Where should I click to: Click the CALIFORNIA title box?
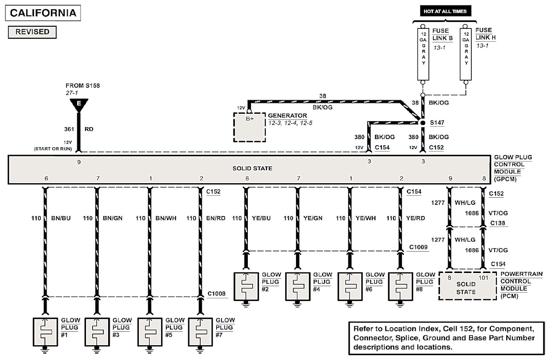pos(43,13)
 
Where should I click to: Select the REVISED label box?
pos(32,32)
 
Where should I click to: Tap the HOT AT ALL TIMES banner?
pos(445,11)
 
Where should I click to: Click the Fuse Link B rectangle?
pos(423,54)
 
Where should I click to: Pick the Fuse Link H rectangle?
pos(465,54)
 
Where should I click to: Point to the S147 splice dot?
pos(423,123)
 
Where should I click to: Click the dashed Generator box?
pos(250,127)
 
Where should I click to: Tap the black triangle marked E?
pos(79,104)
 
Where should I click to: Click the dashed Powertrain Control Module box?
pos(468,286)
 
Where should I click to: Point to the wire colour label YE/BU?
pos(261,218)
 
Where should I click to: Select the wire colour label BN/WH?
pos(166,218)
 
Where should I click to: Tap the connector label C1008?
pos(216,294)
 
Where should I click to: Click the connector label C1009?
pos(418,247)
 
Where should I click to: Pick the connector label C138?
pos(497,223)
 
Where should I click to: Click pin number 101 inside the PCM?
pos(483,278)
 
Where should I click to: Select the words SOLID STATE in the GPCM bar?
pos(252,169)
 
